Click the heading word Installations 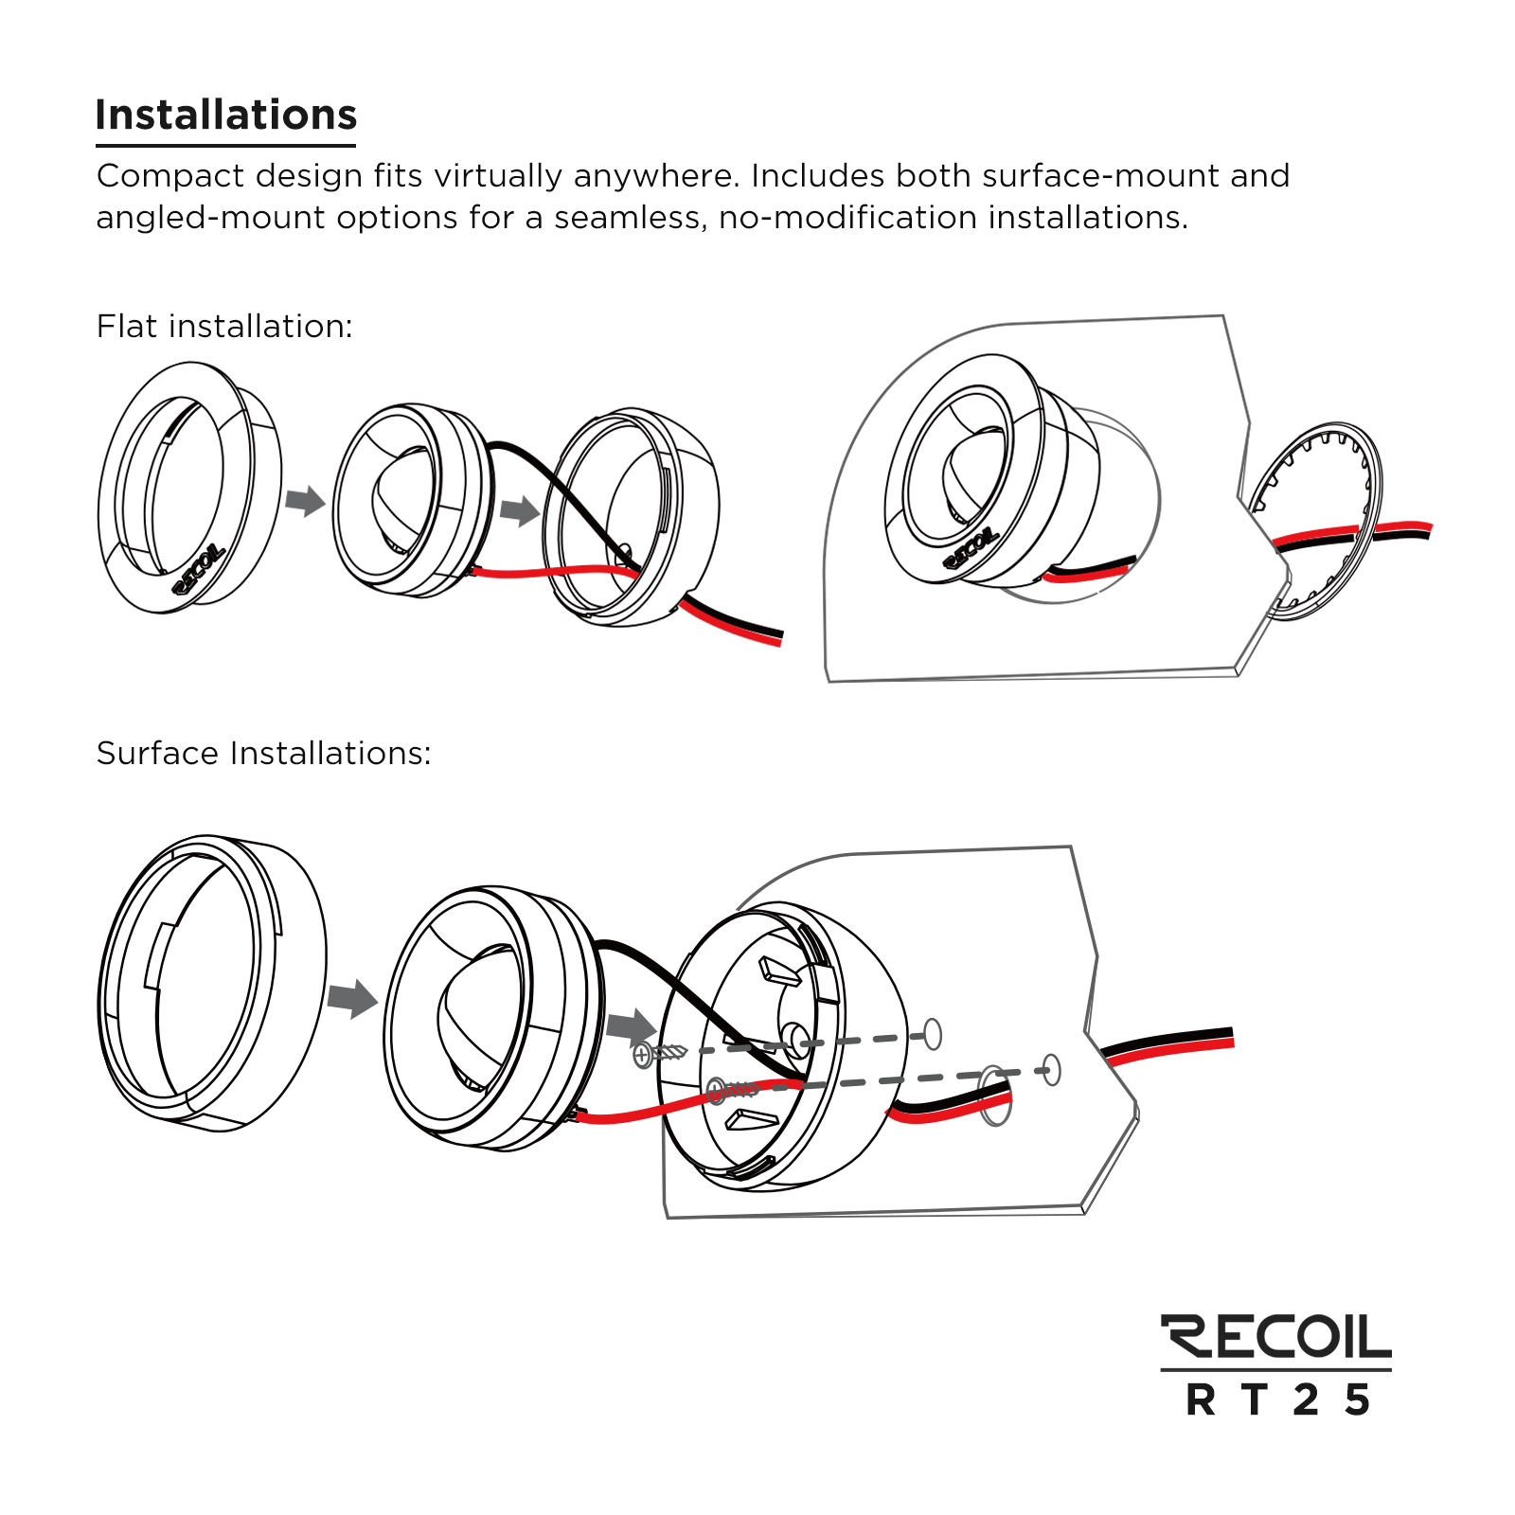[x=226, y=115]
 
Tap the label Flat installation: [x=224, y=326]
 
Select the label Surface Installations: [x=264, y=753]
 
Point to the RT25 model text [x=1277, y=1400]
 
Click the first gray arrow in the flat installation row [x=305, y=501]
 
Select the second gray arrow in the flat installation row [x=520, y=511]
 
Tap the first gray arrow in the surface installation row [x=352, y=998]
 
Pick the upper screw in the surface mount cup [x=660, y=1052]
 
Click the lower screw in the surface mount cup [x=731, y=1090]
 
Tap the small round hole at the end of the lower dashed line [x=1051, y=1070]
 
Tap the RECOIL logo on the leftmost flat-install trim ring [x=198, y=570]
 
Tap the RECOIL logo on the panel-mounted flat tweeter [x=971, y=549]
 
